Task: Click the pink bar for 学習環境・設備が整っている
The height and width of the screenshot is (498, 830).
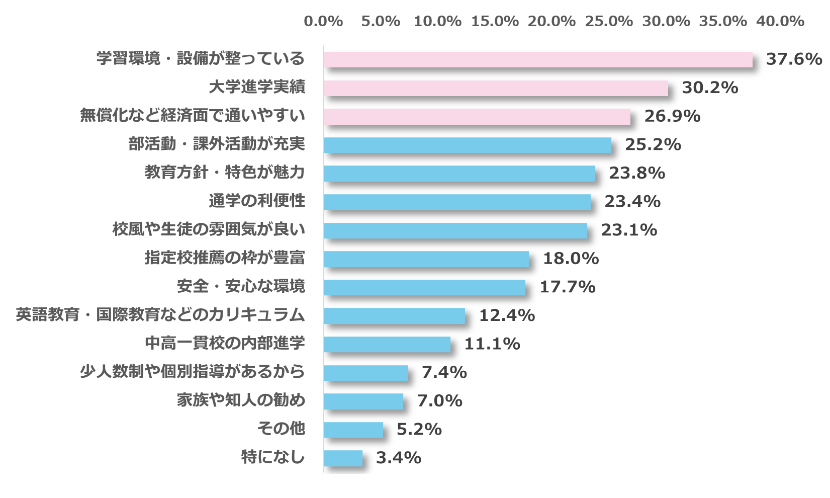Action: click(538, 59)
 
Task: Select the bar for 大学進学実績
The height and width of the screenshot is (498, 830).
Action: click(496, 88)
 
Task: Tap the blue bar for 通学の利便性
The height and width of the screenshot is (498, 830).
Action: click(457, 202)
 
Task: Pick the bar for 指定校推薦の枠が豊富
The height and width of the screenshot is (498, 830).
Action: click(426, 259)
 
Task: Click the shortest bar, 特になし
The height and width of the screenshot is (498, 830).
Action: click(343, 458)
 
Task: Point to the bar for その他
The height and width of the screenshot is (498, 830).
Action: click(353, 430)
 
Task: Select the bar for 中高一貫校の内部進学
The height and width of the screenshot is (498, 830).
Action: click(387, 344)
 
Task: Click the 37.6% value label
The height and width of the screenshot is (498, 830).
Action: click(793, 59)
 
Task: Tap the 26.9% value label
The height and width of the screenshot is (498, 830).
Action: click(672, 116)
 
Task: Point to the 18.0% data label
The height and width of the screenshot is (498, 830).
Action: click(571, 259)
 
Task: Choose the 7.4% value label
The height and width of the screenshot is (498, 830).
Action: click(444, 372)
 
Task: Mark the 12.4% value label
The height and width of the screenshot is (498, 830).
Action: click(507, 315)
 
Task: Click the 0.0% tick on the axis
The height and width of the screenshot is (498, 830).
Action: click(323, 21)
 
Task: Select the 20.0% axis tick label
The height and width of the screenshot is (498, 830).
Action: click(551, 21)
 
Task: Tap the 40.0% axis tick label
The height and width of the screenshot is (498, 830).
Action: click(780, 21)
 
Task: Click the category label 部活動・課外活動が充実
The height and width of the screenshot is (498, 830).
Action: click(217, 144)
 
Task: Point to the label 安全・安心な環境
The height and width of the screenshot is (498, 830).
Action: click(241, 287)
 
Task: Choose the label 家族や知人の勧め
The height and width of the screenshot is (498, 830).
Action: click(241, 400)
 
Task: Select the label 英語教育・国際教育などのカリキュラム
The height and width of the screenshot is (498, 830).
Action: click(160, 315)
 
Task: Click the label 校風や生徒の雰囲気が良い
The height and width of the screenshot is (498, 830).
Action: click(209, 230)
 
